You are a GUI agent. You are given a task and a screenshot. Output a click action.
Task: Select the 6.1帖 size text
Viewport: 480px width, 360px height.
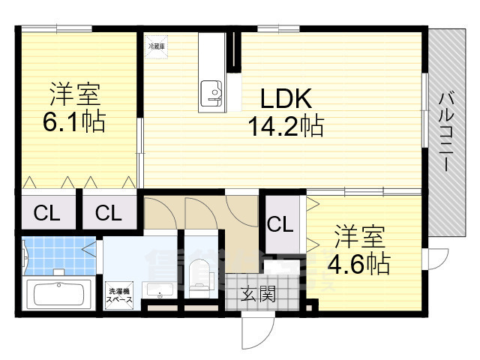(73, 121)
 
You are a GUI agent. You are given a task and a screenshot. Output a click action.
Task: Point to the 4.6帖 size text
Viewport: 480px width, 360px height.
(358, 263)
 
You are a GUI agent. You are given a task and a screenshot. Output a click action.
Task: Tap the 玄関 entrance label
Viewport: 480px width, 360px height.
(257, 293)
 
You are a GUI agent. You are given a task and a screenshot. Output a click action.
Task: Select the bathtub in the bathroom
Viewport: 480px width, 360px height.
(58, 293)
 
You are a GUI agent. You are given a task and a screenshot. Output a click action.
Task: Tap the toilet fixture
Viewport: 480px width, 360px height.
(200, 275)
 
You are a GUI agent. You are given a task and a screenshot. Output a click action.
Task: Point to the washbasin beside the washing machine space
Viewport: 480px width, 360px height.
(157, 291)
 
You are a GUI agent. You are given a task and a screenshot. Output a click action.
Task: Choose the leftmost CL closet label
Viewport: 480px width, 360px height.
(46, 213)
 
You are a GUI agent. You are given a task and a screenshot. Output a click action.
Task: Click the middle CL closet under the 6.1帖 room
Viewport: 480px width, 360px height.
(108, 213)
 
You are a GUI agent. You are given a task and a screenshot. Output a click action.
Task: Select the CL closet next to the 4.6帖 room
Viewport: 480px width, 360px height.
(280, 223)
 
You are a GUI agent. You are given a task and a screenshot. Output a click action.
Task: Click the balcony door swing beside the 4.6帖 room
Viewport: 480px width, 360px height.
(435, 259)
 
